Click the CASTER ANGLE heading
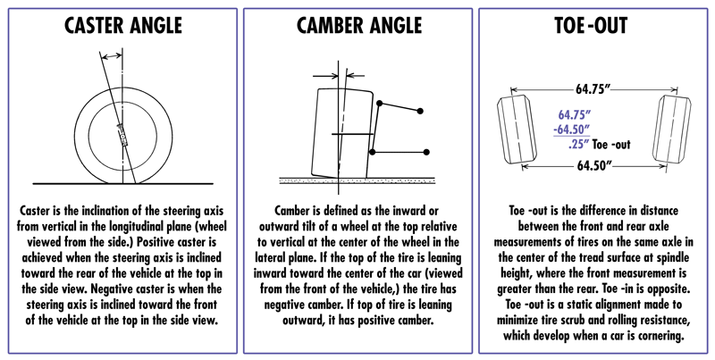121,28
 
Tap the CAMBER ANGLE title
357,28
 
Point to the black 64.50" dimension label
593,165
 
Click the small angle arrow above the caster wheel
113,55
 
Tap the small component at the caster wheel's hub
122,133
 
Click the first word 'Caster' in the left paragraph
38,210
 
